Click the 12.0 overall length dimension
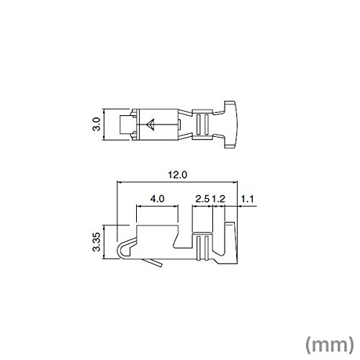(x=177, y=175)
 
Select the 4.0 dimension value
(x=157, y=199)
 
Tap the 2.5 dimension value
(x=202, y=199)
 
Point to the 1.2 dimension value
(x=218, y=199)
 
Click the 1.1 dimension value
(x=247, y=199)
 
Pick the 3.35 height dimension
(x=96, y=242)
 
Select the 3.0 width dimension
(x=96, y=124)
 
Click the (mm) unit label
(x=330, y=345)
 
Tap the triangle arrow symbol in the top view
(x=150, y=125)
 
